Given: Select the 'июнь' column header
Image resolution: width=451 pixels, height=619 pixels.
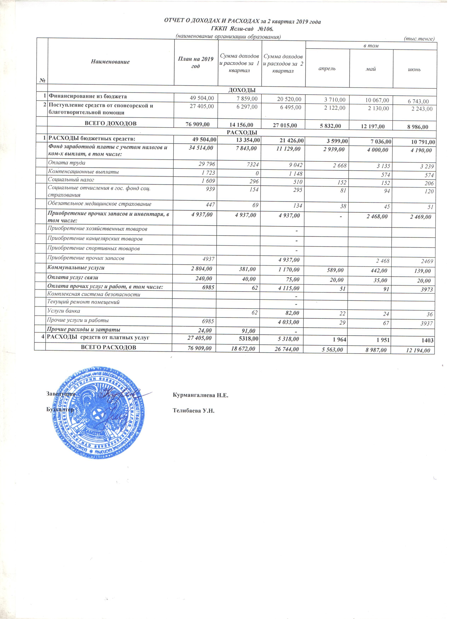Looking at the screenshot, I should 414,69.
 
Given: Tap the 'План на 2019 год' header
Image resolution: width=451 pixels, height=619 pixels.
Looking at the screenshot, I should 196,63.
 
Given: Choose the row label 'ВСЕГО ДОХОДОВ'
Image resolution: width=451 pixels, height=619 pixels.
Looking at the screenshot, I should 111,123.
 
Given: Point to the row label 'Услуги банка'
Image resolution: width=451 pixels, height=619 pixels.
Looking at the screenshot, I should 64,311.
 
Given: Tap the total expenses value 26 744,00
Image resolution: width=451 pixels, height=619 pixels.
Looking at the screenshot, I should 287,349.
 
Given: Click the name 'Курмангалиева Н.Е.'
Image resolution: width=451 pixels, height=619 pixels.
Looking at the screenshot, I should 200,395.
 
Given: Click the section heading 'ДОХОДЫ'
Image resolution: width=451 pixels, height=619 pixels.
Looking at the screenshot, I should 242,90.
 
